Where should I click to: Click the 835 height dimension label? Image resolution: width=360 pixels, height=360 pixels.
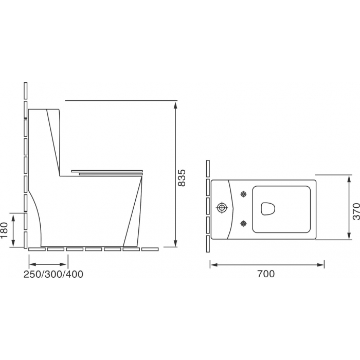(182, 178)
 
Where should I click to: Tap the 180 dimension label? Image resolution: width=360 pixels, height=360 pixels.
(4, 230)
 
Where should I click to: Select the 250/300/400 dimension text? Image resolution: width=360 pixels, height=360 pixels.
(53, 274)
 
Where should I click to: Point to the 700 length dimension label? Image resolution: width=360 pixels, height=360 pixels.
(266, 274)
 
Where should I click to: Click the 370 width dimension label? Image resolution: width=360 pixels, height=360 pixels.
(356, 211)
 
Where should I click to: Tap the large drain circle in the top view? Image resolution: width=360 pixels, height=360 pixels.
(222, 208)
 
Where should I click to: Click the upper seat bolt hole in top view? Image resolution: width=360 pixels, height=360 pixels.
(243, 194)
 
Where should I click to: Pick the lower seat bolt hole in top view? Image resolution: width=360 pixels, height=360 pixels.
(243, 223)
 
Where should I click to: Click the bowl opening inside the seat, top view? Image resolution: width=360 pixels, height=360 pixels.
(268, 208)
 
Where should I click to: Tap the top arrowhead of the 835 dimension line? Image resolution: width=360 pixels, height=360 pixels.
(176, 105)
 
